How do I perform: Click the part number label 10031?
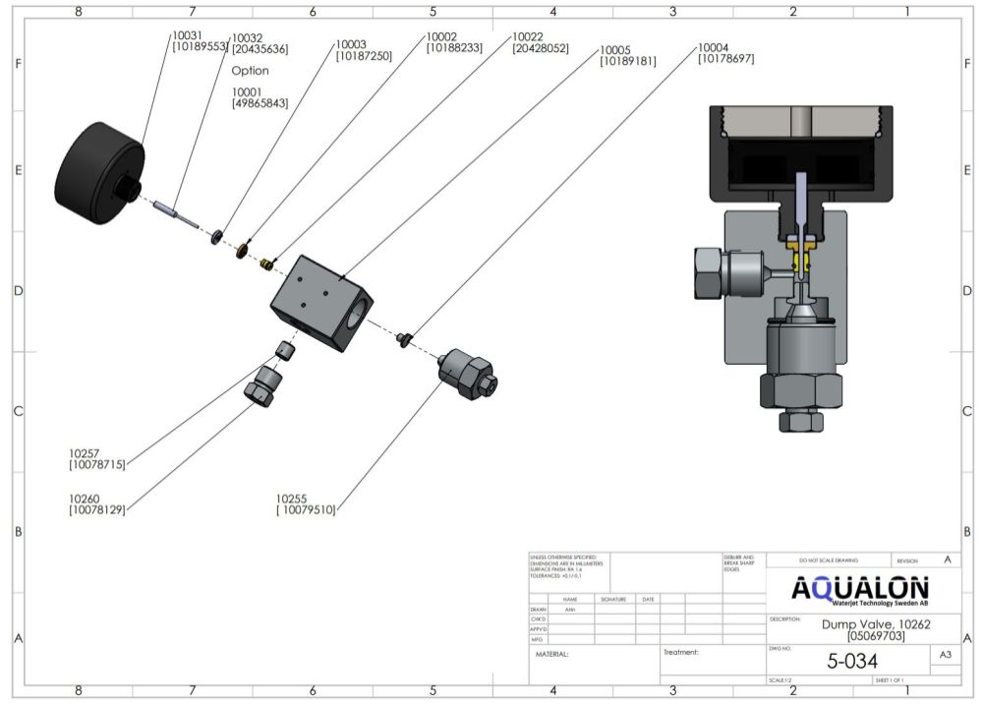(x=187, y=35)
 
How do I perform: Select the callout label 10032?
(x=246, y=38)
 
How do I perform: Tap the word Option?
(x=250, y=71)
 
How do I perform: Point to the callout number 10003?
(x=351, y=44)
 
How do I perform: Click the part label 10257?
(x=84, y=453)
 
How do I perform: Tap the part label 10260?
(x=84, y=499)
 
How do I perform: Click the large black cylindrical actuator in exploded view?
(x=98, y=174)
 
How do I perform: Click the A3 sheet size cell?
(x=945, y=654)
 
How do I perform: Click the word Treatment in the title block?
(x=680, y=651)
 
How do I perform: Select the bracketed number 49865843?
(x=260, y=103)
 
